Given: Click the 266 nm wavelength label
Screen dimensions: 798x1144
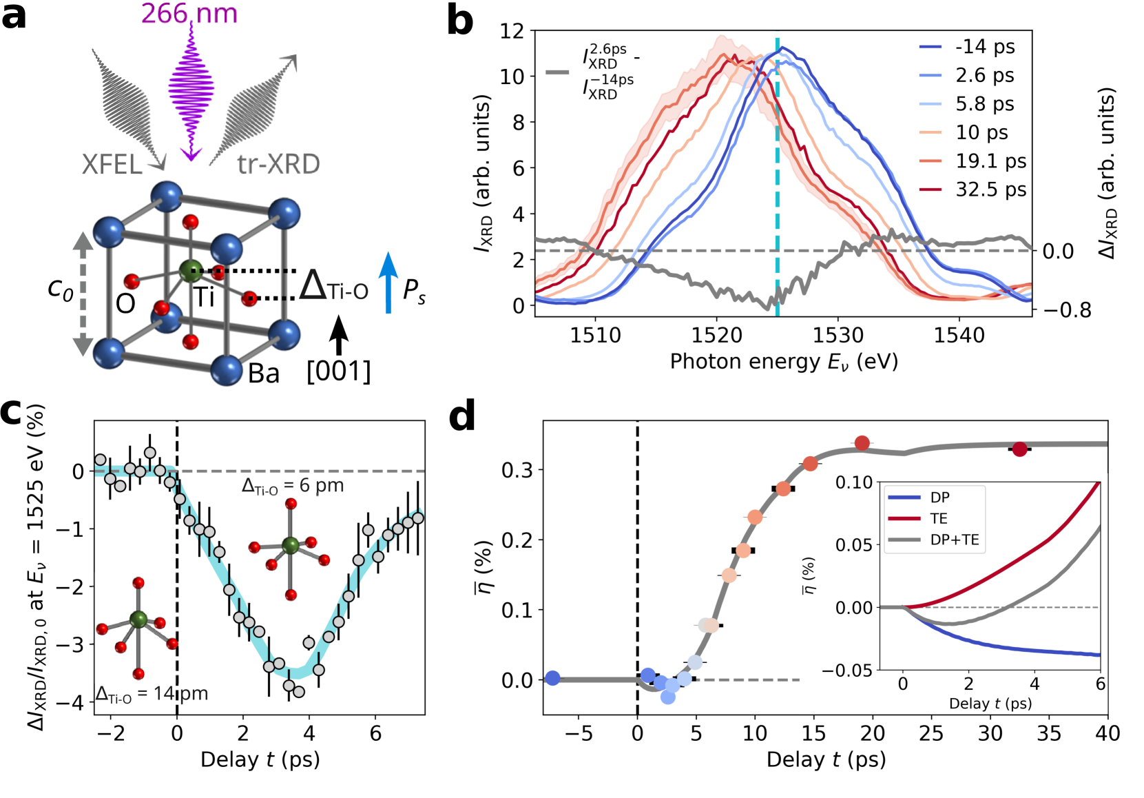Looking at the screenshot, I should [x=189, y=13].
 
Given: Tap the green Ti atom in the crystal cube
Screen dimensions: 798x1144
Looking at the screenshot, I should [x=190, y=271].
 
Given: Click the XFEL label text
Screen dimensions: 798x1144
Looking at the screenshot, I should [x=112, y=165].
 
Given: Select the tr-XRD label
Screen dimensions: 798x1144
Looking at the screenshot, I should [x=278, y=164].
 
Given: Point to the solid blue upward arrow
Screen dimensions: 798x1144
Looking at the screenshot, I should [x=389, y=283].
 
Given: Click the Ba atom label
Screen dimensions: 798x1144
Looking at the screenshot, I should [x=264, y=374].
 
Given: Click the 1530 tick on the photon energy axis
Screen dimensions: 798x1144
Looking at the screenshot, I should [x=838, y=336].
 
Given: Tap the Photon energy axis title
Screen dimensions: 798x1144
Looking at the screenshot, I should [x=784, y=362].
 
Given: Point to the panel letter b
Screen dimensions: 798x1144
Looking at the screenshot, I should [x=460, y=21].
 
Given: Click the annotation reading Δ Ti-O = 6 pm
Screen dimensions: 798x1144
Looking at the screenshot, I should [x=293, y=486].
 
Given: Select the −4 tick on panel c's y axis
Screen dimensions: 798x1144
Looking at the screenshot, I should [x=77, y=702].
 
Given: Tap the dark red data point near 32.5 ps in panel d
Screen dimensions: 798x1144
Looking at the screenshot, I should [x=1019, y=449].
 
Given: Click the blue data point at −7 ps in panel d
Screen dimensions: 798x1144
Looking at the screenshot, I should [x=552, y=678].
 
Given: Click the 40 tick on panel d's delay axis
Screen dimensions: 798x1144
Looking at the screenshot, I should [x=1107, y=733].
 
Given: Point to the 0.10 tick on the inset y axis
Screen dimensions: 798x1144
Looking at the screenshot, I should [x=854, y=482].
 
